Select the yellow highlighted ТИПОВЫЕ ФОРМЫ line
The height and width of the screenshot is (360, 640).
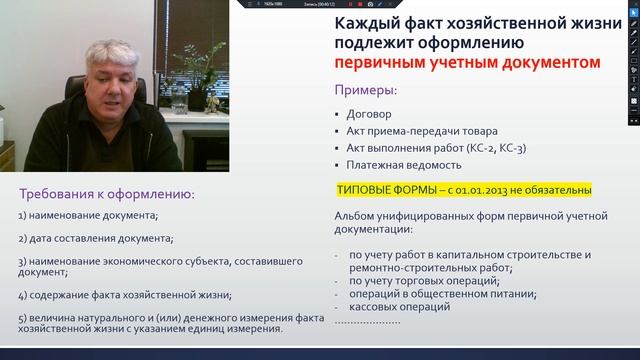[x=464, y=189]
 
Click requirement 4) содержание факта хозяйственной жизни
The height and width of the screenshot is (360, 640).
[x=125, y=295]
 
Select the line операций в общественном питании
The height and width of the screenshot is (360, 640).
[x=430, y=294]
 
